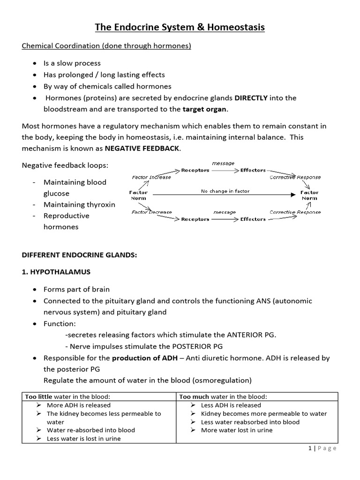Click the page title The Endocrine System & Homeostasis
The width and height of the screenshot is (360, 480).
pyautogui.click(x=180, y=28)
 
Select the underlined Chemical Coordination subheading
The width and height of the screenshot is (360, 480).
pyautogui.click(x=106, y=46)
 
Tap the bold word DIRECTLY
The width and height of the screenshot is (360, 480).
pyautogui.click(x=251, y=98)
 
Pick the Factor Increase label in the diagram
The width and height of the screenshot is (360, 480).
pyautogui.click(x=151, y=177)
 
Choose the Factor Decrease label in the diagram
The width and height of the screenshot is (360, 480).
pyautogui.click(x=151, y=212)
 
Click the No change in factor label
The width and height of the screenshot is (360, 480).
pyautogui.click(x=225, y=191)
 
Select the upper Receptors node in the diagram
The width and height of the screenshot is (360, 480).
pyautogui.click(x=195, y=170)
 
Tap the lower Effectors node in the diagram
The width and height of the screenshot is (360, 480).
pyautogui.click(x=253, y=219)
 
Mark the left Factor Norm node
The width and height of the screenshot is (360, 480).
pyautogui.click(x=138, y=195)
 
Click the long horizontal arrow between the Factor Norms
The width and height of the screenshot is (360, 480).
pyautogui.click(x=225, y=195)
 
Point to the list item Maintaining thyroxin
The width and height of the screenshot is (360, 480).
pyautogui.click(x=79, y=205)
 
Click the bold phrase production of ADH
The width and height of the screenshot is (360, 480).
pyautogui.click(x=143, y=358)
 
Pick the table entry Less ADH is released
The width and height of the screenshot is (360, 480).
pyautogui.click(x=231, y=405)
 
